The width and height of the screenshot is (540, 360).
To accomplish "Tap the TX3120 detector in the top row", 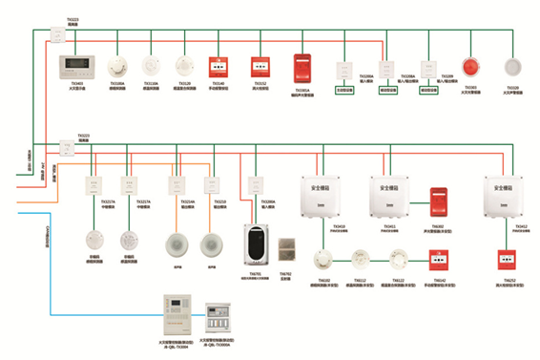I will point(184,66).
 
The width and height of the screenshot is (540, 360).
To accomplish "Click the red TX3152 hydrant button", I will point(260,66).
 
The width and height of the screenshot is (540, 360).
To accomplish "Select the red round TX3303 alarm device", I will point(470,67).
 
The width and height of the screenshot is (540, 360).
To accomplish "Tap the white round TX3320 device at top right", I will point(511,67).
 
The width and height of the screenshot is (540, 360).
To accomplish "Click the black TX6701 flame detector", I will point(256,246).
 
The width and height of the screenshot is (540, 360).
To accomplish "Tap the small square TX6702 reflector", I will point(285,246).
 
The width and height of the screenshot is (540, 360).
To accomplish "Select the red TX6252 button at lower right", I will point(508,259).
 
